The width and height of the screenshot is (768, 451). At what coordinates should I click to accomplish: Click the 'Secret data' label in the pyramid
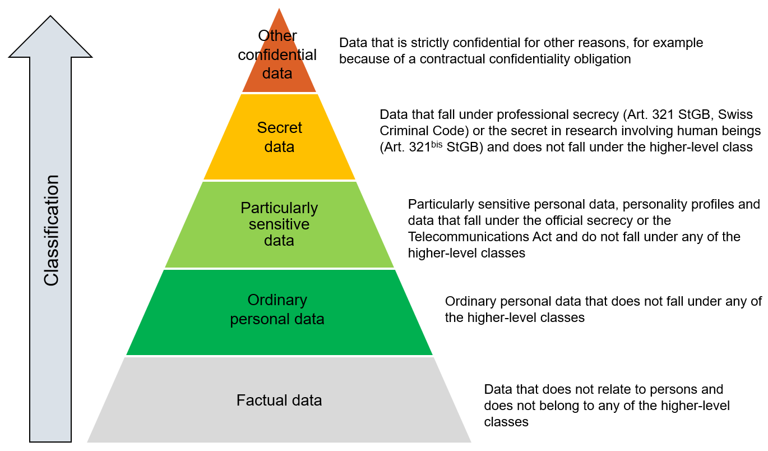279,137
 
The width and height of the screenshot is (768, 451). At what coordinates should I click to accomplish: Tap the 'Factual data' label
279,401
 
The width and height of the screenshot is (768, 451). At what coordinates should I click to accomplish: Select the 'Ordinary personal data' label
277,310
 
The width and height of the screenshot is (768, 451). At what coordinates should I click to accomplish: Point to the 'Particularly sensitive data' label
279,224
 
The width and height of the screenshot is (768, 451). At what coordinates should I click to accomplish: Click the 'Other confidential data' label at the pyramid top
277,55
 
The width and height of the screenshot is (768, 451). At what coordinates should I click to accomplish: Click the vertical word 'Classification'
52,230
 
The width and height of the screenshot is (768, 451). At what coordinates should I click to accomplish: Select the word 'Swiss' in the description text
735,115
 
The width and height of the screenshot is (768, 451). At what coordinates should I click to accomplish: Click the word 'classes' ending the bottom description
506,422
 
